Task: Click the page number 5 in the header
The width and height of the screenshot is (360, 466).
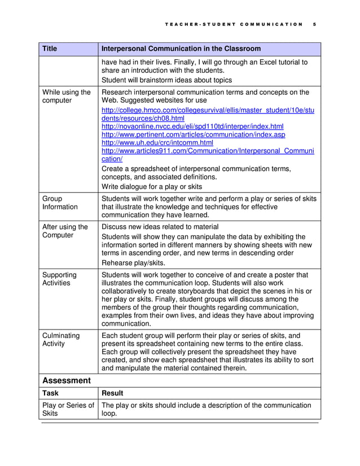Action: click(x=314, y=24)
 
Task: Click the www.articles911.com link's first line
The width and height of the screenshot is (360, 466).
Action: click(x=207, y=151)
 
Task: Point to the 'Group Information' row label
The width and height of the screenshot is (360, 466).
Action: click(x=60, y=203)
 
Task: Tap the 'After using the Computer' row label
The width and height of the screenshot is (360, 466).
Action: click(x=65, y=231)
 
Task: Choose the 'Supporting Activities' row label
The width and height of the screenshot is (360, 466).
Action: click(x=59, y=279)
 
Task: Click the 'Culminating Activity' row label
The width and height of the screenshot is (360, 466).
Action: click(x=61, y=339)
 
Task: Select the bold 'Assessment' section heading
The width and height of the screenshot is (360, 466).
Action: click(x=67, y=380)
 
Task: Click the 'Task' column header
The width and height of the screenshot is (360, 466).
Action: click(x=51, y=393)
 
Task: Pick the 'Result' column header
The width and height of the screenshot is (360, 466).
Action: click(x=112, y=393)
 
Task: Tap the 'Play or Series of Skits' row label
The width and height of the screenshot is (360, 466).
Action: click(x=68, y=409)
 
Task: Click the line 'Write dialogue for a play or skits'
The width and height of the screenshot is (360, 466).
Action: click(x=151, y=187)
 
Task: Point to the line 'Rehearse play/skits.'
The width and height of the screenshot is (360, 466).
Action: click(x=134, y=262)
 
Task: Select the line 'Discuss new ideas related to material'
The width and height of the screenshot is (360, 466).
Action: click(x=160, y=227)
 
